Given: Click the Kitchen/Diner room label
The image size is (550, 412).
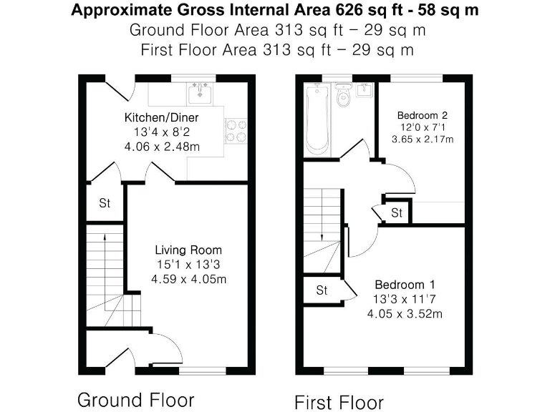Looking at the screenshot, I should tap(161, 117).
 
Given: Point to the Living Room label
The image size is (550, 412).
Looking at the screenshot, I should tap(188, 250).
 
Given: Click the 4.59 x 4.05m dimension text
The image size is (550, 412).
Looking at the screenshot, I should tap(188, 279).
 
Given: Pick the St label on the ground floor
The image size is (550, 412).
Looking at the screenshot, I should tap(105, 203).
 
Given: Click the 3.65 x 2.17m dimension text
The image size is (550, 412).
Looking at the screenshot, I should tap(423, 139).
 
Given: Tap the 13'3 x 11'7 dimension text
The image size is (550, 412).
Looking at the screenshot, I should tap(404, 299).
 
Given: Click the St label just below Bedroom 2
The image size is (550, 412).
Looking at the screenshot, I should tap(397, 213).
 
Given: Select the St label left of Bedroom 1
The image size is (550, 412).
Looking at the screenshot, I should tap(322, 290).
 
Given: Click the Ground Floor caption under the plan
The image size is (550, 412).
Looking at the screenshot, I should tap(135, 399).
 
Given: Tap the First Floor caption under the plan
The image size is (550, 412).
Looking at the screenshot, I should tap(339, 401).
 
